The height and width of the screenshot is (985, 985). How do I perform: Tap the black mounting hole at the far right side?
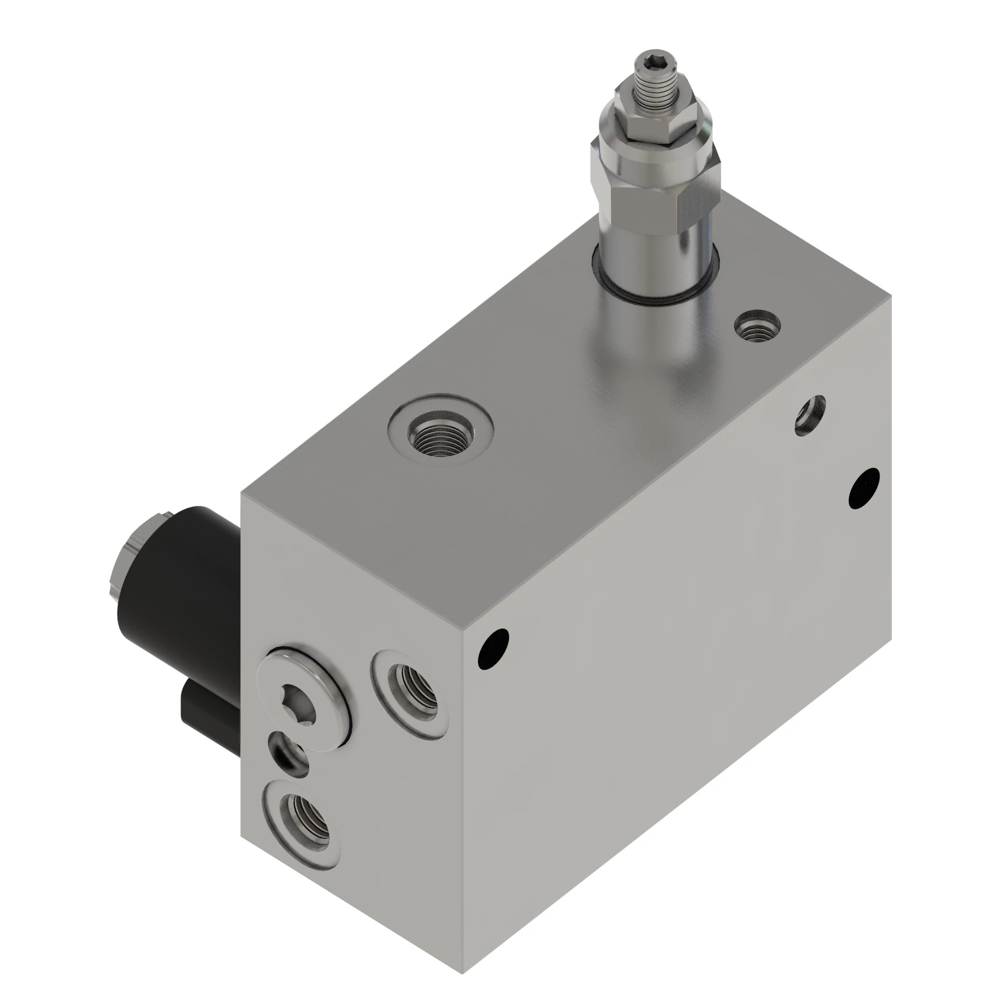pos(864,488)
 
